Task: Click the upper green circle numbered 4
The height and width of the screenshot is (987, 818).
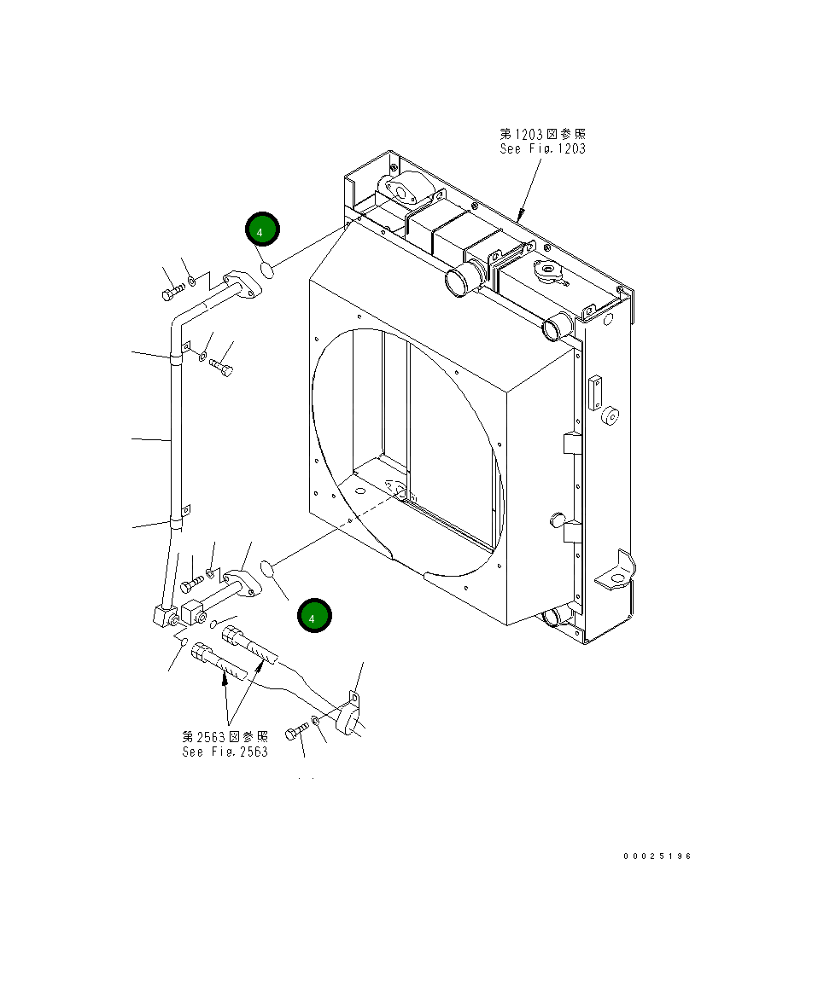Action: coord(262,229)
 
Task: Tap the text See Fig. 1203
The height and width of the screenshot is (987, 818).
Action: coord(542,149)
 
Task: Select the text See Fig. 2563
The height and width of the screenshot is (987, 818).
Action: coord(225,752)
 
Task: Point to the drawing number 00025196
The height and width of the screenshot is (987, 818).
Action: coord(657,856)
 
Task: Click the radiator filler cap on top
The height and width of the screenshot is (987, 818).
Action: coord(546,272)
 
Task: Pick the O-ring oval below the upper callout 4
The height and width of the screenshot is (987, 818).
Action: coord(266,270)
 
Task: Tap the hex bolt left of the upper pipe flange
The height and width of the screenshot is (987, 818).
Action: coord(170,293)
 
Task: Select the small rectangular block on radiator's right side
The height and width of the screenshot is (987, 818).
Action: coord(595,391)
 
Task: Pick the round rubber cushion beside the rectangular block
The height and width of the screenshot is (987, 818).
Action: coord(610,416)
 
